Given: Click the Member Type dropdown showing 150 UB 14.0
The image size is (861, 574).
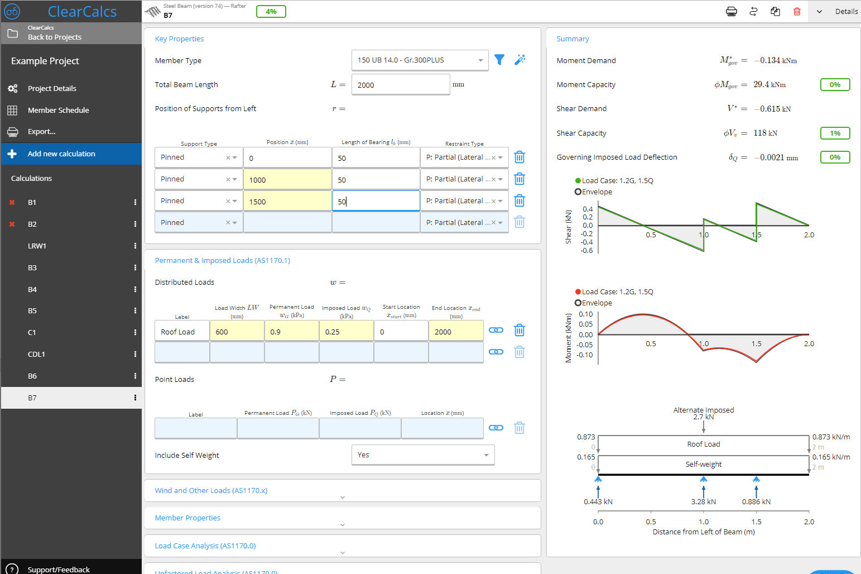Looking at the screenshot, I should click(419, 60).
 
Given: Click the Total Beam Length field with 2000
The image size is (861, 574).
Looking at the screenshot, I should click(400, 85).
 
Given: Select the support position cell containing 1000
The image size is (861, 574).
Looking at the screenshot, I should click(287, 180).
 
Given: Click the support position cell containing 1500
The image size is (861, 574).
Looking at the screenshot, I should click(287, 202).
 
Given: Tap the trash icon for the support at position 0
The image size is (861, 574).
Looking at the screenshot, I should click(519, 157).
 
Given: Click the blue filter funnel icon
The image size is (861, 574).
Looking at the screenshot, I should click(499, 60).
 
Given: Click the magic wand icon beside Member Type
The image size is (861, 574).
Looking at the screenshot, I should click(520, 60).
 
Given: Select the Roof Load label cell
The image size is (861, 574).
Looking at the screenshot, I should click(182, 332).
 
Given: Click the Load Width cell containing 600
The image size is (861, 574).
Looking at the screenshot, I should click(237, 332).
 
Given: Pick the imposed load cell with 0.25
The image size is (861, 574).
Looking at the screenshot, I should click(346, 332).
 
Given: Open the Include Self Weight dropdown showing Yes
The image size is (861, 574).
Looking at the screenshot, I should click(422, 455).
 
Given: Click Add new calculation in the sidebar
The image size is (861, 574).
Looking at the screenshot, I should click(61, 154).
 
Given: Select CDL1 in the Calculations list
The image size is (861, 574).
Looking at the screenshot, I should click(37, 354).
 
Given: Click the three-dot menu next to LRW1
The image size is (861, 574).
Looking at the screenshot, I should click(135, 246).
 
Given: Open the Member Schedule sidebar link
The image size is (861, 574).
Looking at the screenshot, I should click(58, 110).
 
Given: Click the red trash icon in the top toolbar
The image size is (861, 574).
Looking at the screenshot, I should click(797, 12).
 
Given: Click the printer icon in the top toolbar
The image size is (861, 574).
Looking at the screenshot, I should click(731, 12).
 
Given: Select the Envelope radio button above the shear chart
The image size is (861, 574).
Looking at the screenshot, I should click(578, 192).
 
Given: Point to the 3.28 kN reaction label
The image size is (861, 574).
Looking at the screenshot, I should click(703, 501).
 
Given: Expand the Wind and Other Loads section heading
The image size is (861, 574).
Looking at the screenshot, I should click(211, 490).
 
